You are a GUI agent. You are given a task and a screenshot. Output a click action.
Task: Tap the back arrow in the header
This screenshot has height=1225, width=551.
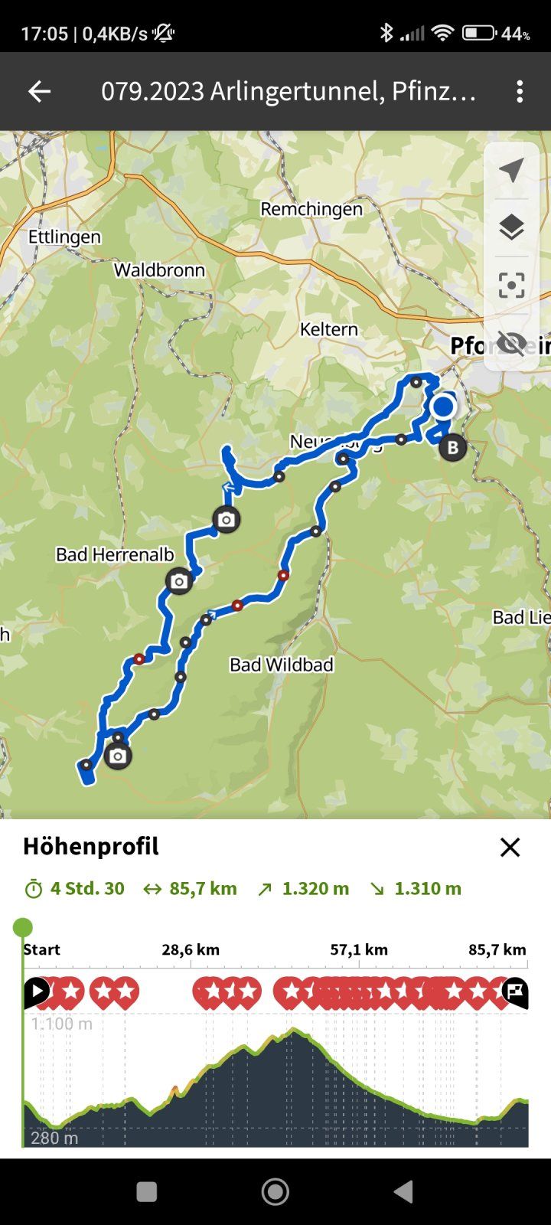pos(39,92)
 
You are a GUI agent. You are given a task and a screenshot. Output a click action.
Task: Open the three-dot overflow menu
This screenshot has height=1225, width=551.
pos(520,92)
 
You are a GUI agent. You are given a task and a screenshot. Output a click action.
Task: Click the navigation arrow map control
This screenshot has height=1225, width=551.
pos(511,170)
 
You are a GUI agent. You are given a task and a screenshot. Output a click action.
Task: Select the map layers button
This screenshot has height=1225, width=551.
pos(511,227)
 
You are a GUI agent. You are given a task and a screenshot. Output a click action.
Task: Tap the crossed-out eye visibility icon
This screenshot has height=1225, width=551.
pos(511,343)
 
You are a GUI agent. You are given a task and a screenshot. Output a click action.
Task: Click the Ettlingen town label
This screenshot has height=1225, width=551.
pos(64,237)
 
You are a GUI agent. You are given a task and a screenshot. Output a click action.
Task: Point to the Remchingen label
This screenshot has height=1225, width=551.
pos(311,209)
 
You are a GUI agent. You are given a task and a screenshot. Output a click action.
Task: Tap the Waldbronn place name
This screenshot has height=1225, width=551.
pos(159,270)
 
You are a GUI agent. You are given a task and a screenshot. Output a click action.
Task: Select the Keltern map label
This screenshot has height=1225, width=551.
pos(329,329)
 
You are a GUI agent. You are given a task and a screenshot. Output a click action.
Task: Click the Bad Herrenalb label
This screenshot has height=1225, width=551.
pos(115,554)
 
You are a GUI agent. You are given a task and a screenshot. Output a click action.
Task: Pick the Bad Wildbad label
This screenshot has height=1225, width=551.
pos(282,665)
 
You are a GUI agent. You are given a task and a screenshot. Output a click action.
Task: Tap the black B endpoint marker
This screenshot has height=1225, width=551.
pos(452,448)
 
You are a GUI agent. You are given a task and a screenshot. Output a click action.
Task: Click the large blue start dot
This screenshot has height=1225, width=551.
pos(443,407)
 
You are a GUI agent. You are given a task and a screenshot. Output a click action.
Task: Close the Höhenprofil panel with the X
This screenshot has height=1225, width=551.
pos(510,847)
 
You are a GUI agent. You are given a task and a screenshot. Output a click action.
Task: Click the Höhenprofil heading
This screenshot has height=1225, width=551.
pos(91,846)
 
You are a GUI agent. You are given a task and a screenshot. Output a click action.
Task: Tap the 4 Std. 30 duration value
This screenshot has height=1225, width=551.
pos(87,889)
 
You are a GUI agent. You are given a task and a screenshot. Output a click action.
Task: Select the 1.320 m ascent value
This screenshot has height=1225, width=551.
pos(315,889)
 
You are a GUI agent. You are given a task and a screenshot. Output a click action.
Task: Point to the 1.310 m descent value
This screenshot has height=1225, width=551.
pos(428,889)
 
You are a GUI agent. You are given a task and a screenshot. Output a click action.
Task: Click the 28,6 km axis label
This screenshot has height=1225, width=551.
pos(191,950)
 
